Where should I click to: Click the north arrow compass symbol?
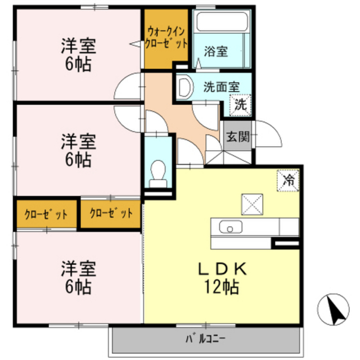[x=333, y=309]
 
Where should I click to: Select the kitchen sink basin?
[x=231, y=227]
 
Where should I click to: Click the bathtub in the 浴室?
[x=222, y=21]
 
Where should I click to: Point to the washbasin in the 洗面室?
[x=185, y=87]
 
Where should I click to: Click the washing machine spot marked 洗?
[x=240, y=105]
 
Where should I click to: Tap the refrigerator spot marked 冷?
[x=288, y=181]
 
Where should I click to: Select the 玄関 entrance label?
[x=238, y=137]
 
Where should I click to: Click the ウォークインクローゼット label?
[x=166, y=38]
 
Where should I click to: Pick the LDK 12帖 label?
[x=222, y=278]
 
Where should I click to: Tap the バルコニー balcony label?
[x=205, y=339]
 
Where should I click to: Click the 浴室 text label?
[x=216, y=51]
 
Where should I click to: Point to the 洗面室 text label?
[x=222, y=87]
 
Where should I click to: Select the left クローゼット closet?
[x=46, y=214]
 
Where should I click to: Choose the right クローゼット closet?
[x=111, y=214]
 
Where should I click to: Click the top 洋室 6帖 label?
[x=79, y=55]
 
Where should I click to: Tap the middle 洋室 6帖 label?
[x=79, y=150]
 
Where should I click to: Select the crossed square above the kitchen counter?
[x=252, y=205]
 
